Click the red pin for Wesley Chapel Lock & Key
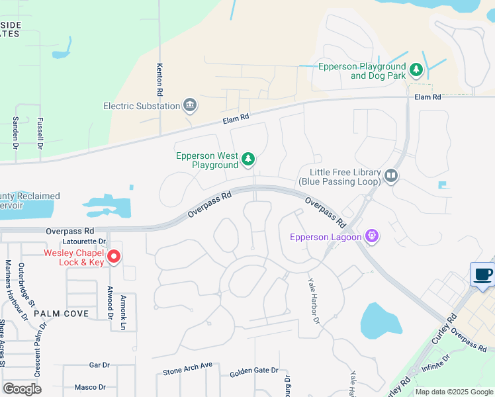pyautogui.click(x=113, y=257)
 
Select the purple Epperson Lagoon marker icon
pyautogui.click(x=372, y=236)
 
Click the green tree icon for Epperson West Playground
pyautogui.click(x=248, y=159)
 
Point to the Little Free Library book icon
pyautogui.click(x=391, y=175)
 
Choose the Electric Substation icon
pyautogui.click(x=190, y=106)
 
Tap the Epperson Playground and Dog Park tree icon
pyautogui.click(x=416, y=69)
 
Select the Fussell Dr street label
pyautogui.click(x=40, y=132)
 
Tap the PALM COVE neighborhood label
pyautogui.click(x=62, y=313)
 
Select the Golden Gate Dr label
pyautogui.click(x=254, y=373)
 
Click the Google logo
pyautogui.click(x=22, y=388)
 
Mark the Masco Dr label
pyautogui.click(x=91, y=387)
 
